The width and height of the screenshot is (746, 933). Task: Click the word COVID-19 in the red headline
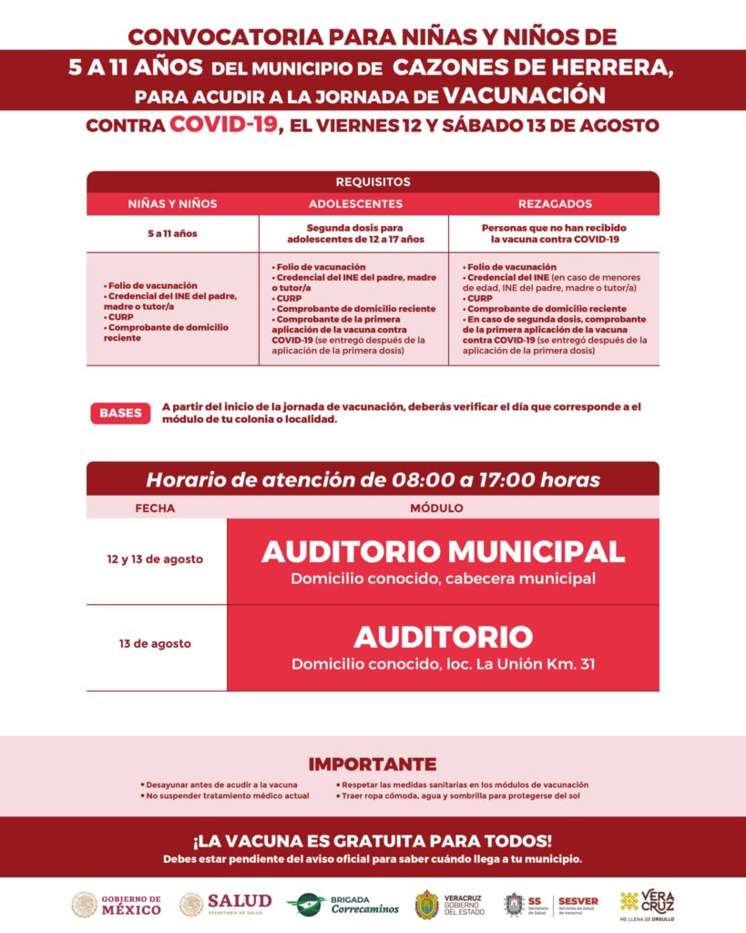(x=222, y=125)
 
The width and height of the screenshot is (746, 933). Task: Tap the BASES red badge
(x=120, y=413)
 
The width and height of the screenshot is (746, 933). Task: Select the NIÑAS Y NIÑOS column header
(x=172, y=204)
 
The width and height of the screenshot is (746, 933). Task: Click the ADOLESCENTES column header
(x=354, y=204)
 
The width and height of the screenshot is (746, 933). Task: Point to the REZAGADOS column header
(x=554, y=204)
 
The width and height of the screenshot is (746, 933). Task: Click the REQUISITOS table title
(x=373, y=182)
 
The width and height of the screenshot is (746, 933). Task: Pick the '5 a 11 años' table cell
(x=172, y=234)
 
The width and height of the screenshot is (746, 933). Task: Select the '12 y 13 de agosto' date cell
(x=155, y=559)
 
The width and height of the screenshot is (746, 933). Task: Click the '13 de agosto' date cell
(x=155, y=643)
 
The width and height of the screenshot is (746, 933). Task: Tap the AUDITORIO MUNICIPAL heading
(x=443, y=551)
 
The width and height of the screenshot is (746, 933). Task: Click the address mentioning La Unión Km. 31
(x=443, y=664)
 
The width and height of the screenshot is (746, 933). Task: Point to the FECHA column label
(x=155, y=508)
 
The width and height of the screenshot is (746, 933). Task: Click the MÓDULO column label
(x=436, y=508)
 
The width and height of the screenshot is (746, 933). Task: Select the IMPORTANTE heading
(x=373, y=764)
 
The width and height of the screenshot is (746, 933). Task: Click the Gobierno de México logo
(x=117, y=904)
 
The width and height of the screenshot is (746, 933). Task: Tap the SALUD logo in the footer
(x=225, y=904)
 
